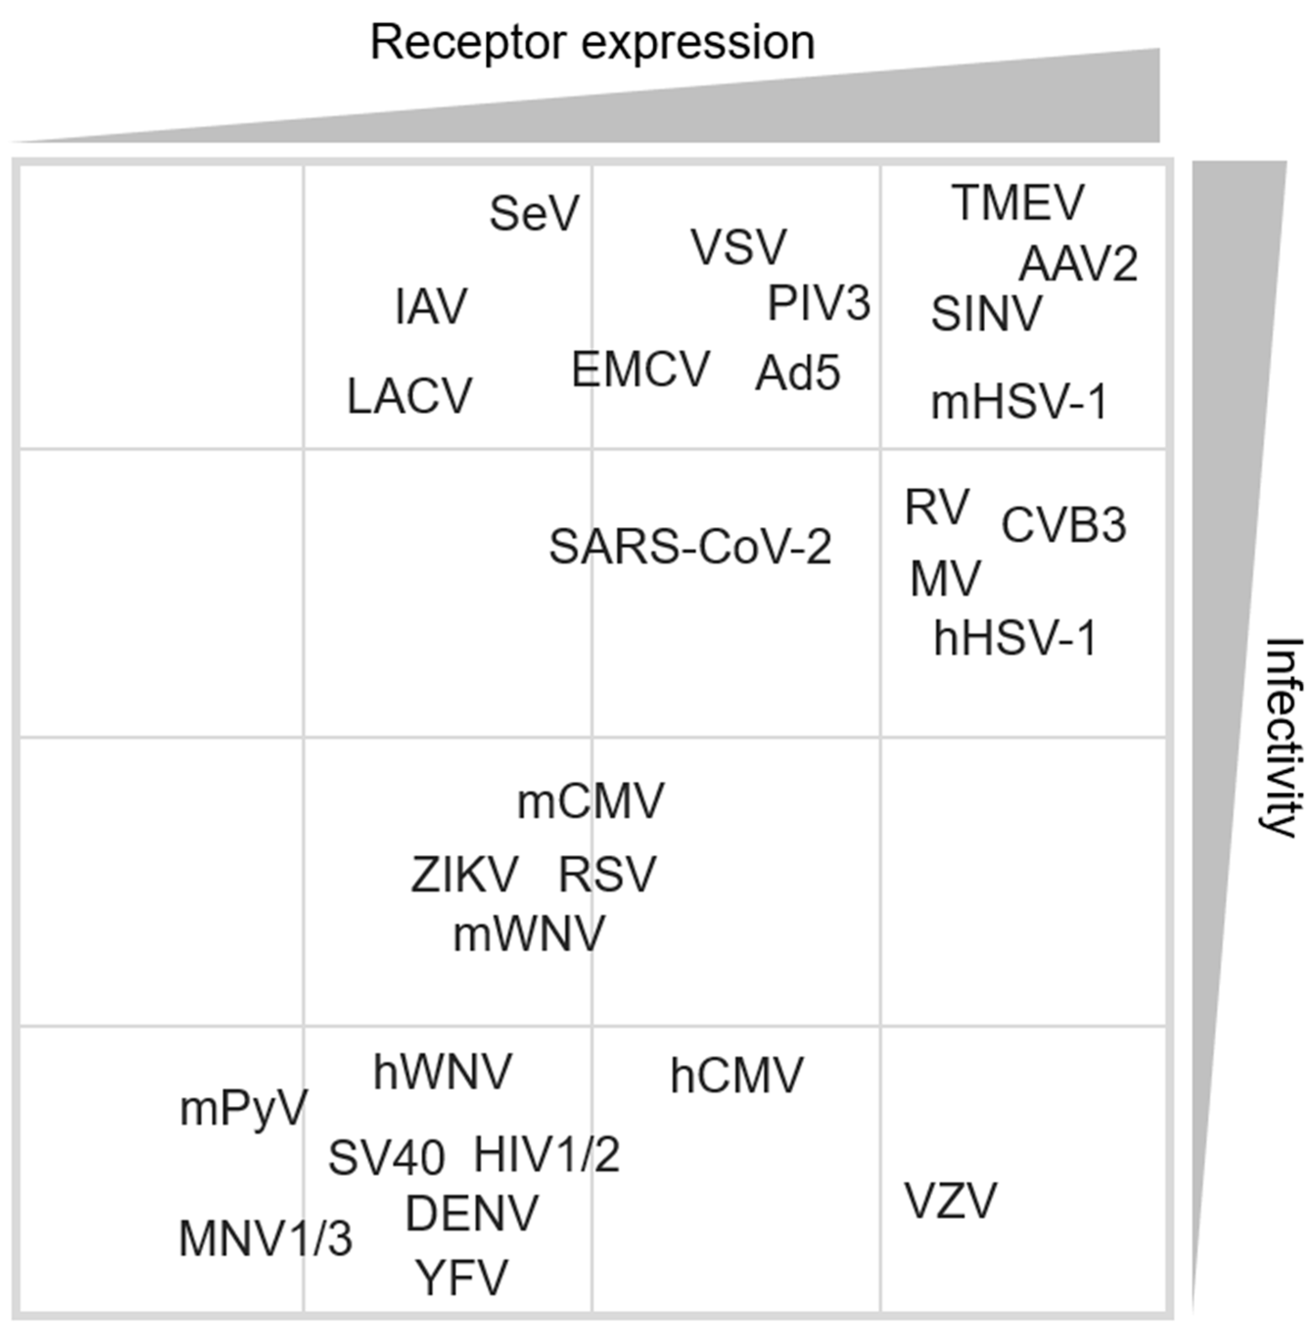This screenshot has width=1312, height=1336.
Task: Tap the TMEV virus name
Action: [1018, 203]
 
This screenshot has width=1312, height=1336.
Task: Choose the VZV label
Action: [950, 1200]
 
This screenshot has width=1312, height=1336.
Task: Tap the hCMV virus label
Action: [736, 1076]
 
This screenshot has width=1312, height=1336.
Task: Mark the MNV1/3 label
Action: [265, 1238]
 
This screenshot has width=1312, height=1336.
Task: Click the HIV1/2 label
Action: [547, 1155]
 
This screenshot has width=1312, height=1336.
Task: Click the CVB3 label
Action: [1063, 525]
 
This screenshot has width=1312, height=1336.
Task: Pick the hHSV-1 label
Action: [1014, 638]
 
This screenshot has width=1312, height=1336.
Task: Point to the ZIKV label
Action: [464, 874]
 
